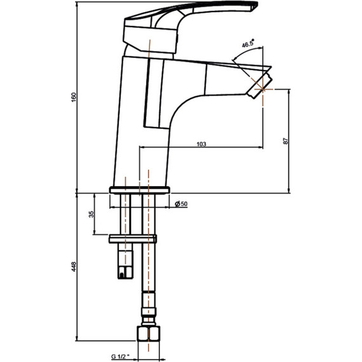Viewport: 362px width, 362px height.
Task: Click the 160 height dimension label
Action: click(x=74, y=97)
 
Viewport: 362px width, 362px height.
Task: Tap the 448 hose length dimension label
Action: click(x=74, y=267)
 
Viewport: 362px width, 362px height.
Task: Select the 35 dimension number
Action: click(x=91, y=214)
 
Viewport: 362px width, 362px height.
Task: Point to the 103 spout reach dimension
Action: click(x=201, y=144)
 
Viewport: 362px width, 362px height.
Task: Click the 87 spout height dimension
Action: click(x=286, y=141)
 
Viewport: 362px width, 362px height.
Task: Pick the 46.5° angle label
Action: click(x=248, y=43)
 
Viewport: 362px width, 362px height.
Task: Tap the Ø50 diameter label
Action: click(x=181, y=204)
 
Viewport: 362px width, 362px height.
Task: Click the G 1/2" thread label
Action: click(x=120, y=356)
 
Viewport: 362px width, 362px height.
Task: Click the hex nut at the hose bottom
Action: click(x=148, y=333)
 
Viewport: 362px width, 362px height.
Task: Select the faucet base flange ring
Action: click(x=140, y=190)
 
